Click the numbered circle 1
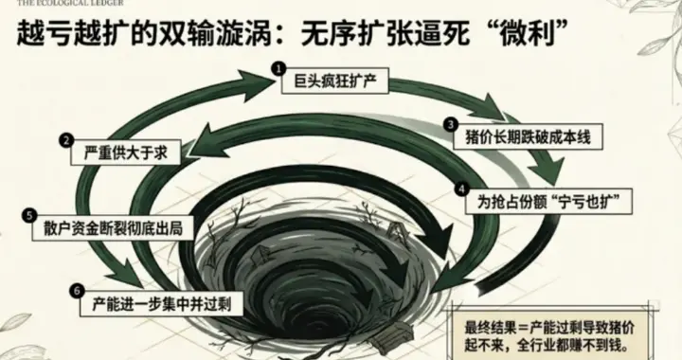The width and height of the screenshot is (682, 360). (x=278, y=68)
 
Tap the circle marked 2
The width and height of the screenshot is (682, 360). (x=67, y=140)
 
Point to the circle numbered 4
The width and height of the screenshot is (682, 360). (x=462, y=188)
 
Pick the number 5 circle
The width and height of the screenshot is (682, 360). (x=30, y=215)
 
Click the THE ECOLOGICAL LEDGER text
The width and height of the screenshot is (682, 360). (x=53, y=4)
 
